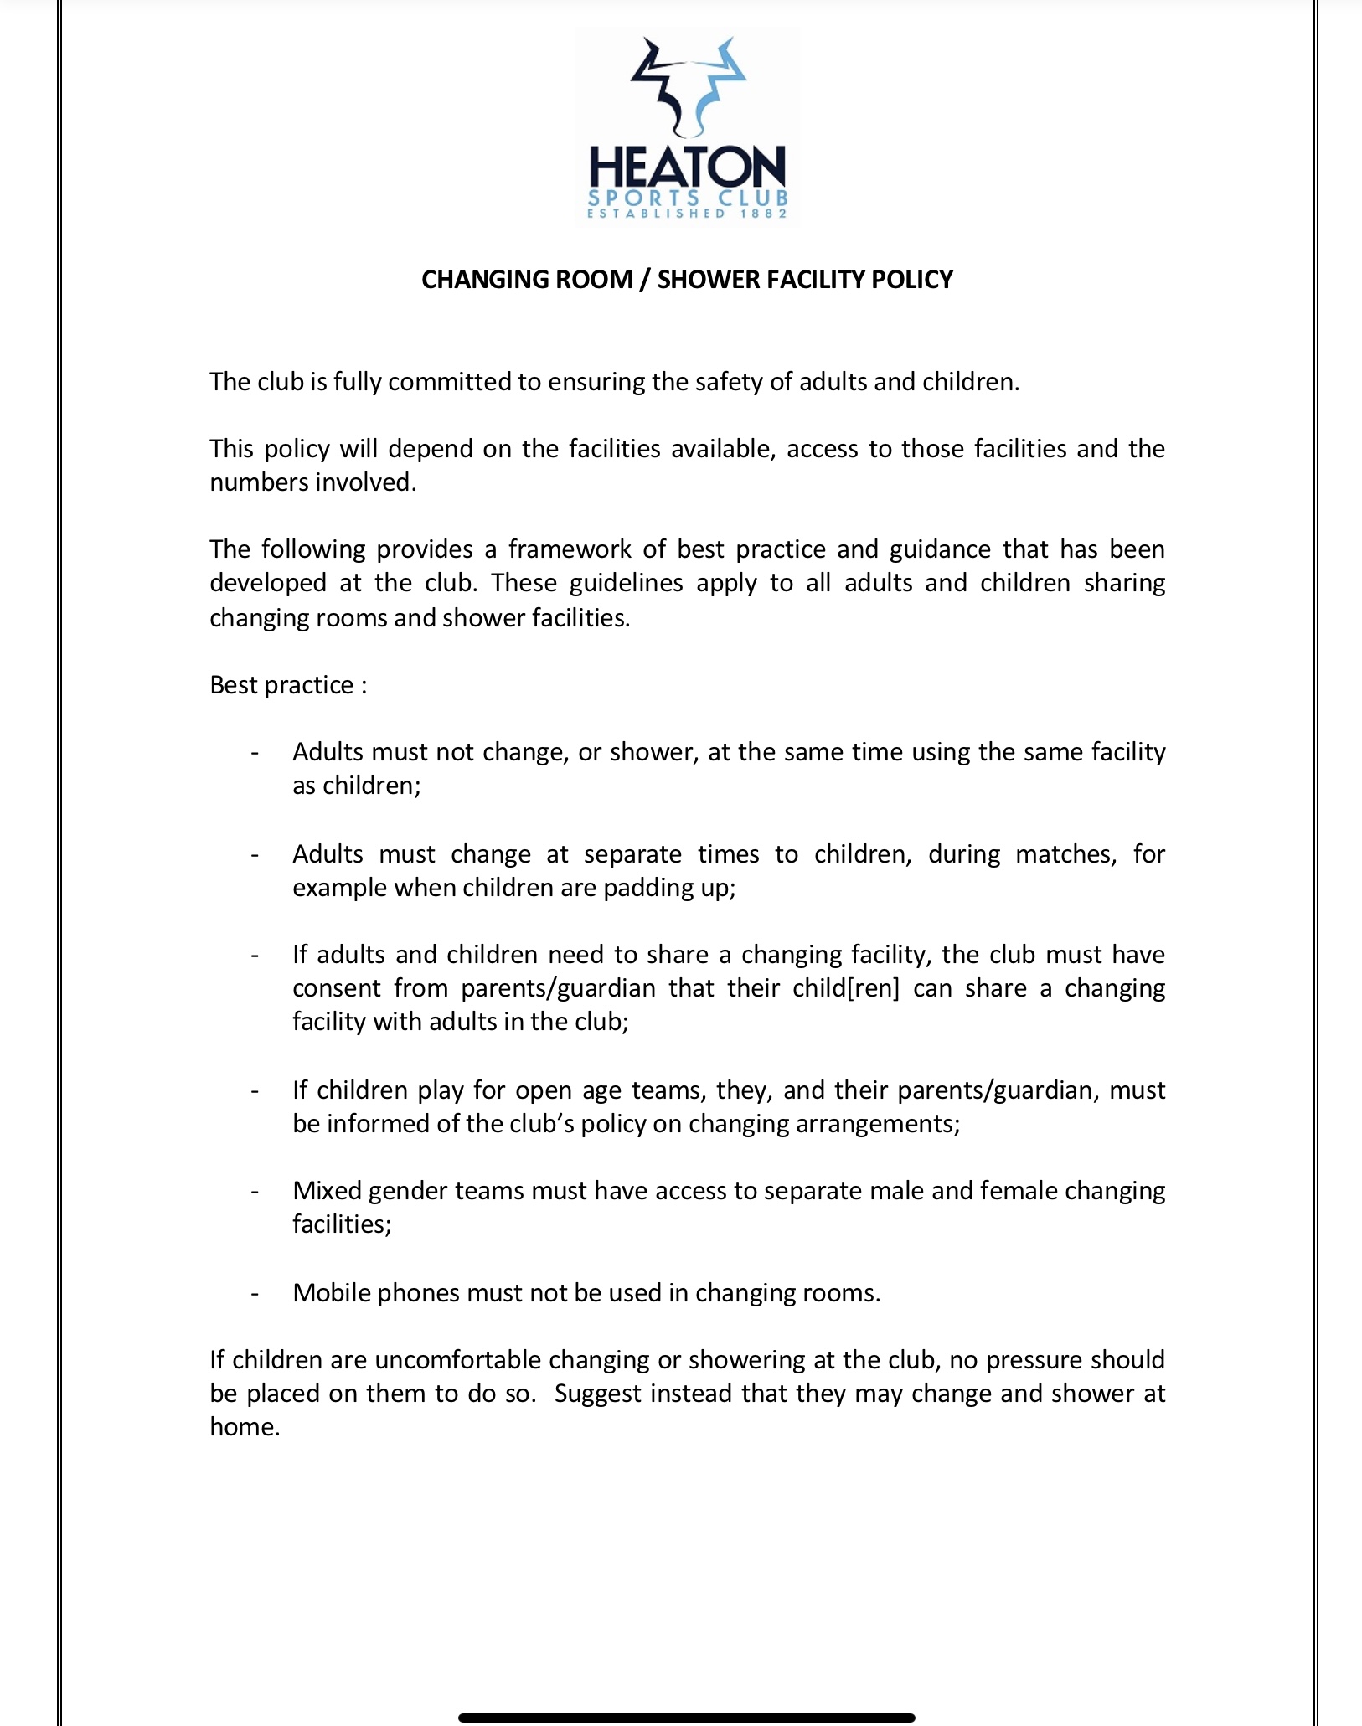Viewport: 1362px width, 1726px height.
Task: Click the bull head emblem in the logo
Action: [688, 88]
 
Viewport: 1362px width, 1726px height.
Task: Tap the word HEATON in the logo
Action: [688, 167]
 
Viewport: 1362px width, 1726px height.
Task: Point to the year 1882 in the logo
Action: [764, 214]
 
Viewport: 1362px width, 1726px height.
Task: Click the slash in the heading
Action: [644, 280]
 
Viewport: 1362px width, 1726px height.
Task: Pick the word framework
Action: [570, 549]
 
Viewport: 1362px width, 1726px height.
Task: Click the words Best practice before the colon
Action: [281, 685]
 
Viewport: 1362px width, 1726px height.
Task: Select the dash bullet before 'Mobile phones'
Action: [255, 1293]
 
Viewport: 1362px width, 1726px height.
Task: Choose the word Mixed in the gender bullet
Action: [327, 1191]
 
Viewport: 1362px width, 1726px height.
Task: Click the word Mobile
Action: [332, 1293]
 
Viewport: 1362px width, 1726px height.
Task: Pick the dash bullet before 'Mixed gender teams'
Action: [255, 1191]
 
